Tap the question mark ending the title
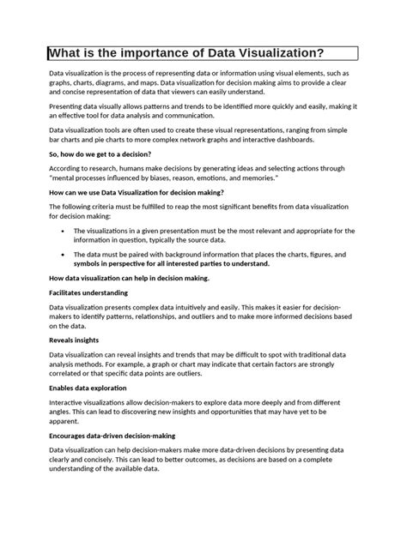[320, 53]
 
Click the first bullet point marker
[66, 231]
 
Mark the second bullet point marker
[66, 255]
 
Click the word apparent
[66, 422]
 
